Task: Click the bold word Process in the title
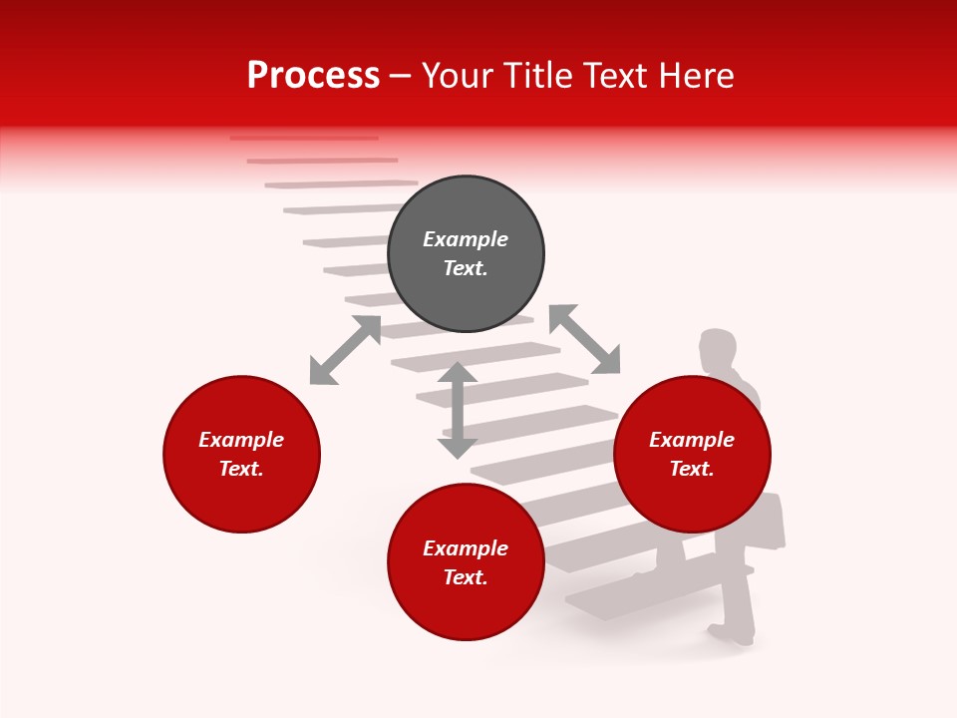point(313,76)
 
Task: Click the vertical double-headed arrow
point(458,410)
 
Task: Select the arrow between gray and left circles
point(345,350)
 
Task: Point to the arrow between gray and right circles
point(584,339)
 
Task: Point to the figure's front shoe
point(731,633)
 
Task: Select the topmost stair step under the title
point(304,138)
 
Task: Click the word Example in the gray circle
point(466,239)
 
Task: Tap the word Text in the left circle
point(240,469)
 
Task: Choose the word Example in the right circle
point(692,440)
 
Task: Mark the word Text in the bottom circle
point(465,577)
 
